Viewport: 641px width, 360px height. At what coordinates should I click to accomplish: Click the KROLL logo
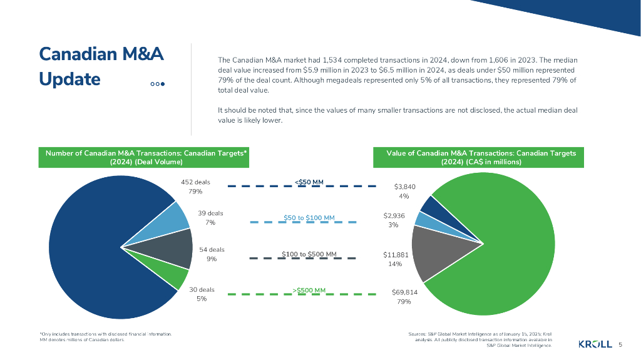coord(595,344)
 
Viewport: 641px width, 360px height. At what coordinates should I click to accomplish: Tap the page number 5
coord(620,344)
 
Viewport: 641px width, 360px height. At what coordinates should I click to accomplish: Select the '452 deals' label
coord(195,182)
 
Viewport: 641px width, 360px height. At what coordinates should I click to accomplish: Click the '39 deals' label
coord(210,213)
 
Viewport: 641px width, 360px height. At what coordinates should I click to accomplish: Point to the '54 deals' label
coord(212,249)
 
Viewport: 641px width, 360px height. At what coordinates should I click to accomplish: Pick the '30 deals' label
coord(202,289)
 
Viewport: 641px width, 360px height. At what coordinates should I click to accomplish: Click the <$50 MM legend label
coord(309,183)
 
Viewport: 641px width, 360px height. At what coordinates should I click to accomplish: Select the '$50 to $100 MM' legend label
coord(309,218)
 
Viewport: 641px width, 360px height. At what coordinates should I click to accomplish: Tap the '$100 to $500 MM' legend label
coord(309,254)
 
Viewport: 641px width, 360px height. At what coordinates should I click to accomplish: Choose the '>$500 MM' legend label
coord(309,291)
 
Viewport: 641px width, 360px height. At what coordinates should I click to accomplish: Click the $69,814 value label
coord(404,292)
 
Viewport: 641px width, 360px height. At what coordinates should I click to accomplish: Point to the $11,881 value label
coord(395,255)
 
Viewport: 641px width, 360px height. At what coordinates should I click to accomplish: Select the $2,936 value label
coord(394,215)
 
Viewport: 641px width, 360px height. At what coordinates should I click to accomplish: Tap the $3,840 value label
coord(404,187)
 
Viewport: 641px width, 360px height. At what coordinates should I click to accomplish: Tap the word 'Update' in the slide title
coord(69,80)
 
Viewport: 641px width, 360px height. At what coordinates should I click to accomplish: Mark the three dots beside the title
coord(157,84)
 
